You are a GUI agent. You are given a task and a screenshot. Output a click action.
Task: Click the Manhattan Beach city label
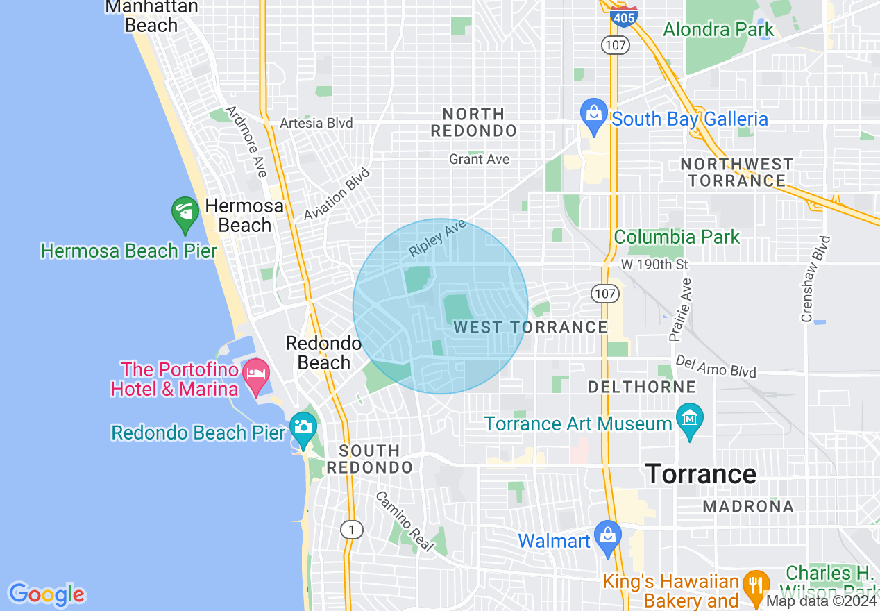pyautogui.click(x=151, y=16)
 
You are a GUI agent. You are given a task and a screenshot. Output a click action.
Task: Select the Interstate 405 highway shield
pyautogui.click(x=624, y=16)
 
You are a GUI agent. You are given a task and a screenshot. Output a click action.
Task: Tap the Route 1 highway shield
pyautogui.click(x=352, y=530)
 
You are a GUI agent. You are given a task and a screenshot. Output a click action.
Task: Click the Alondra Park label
pyautogui.click(x=718, y=30)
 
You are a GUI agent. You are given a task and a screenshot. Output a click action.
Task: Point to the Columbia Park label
pyautogui.click(x=677, y=237)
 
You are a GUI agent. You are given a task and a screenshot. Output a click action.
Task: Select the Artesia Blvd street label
pyautogui.click(x=316, y=123)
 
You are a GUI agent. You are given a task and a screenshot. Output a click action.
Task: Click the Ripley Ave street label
pyautogui.click(x=437, y=237)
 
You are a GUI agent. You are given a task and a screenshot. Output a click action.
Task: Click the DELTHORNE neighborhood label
pyautogui.click(x=642, y=387)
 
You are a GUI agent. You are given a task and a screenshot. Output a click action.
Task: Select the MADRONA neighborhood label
pyautogui.click(x=748, y=506)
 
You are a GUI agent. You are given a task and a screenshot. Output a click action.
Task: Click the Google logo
pyautogui.click(x=46, y=594)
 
